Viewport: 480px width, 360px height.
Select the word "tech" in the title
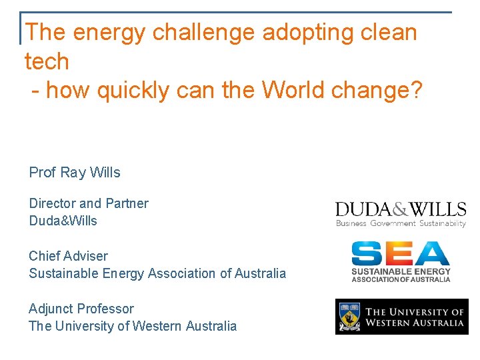(x=47, y=61)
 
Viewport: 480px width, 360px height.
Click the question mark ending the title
(x=417, y=89)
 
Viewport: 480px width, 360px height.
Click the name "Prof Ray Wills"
(x=75, y=173)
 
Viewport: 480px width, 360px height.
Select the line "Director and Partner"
(x=89, y=203)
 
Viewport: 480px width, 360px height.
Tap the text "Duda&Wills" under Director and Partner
(x=63, y=221)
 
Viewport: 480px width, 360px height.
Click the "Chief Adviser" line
(x=68, y=256)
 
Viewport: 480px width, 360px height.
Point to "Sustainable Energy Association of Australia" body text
(x=157, y=273)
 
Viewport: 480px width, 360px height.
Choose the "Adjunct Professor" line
(x=81, y=309)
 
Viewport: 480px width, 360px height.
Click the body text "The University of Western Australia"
(x=133, y=326)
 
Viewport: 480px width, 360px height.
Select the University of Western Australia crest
(x=350, y=317)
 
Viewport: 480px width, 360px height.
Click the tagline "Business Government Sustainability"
(x=401, y=223)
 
